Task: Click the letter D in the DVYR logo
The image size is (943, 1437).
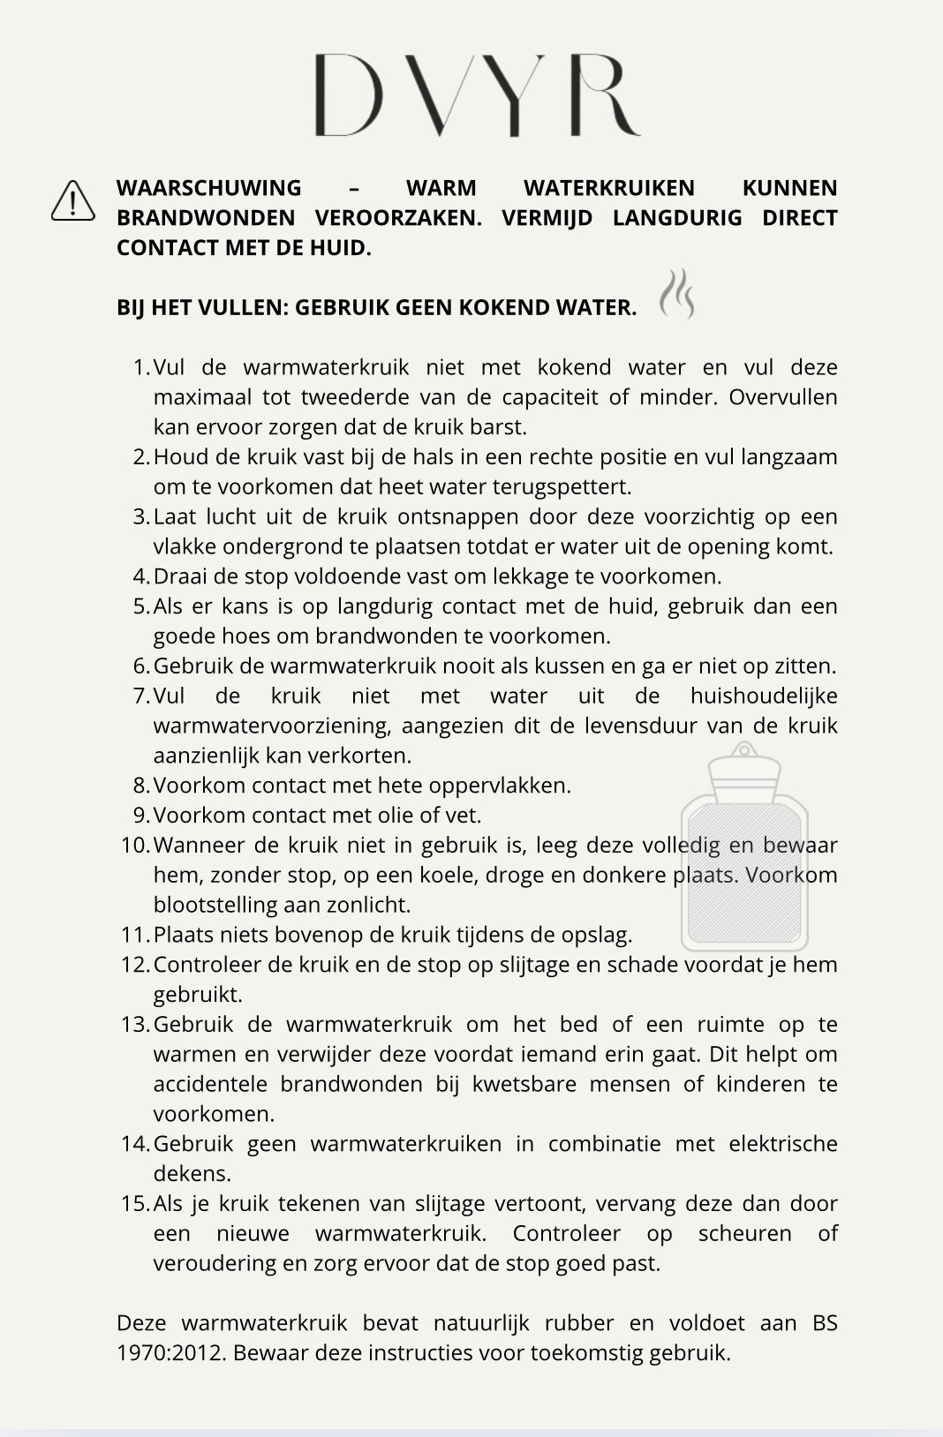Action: (349, 94)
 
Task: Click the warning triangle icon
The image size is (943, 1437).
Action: (73, 200)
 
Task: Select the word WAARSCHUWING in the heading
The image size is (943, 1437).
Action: (208, 188)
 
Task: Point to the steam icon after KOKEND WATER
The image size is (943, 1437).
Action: (677, 294)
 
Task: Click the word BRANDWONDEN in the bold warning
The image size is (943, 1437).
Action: (206, 218)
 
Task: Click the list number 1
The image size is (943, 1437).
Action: (141, 367)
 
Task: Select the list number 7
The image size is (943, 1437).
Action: (141, 696)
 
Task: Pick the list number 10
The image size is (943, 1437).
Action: (136, 845)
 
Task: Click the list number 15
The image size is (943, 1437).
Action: (136, 1203)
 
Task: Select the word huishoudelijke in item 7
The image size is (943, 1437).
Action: (763, 696)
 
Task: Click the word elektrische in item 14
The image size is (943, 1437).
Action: (782, 1144)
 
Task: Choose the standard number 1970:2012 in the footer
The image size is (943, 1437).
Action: (170, 1353)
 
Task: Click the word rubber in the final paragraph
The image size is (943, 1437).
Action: (579, 1323)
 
